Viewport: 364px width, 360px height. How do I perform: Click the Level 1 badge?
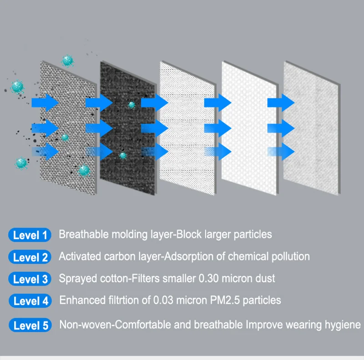(30, 235)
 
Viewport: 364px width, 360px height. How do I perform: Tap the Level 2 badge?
(30, 257)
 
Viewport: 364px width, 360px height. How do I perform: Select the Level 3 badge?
(30, 279)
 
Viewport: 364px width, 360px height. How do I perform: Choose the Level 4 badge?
(30, 301)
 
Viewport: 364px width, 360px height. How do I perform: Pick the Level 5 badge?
(30, 325)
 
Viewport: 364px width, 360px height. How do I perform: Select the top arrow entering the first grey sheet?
(44, 102)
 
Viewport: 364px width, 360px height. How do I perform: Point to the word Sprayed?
(76, 278)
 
